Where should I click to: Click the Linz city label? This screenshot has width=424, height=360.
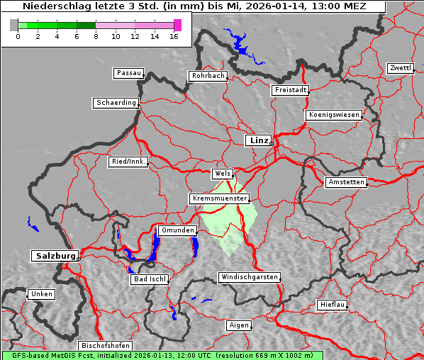click(x=258, y=140)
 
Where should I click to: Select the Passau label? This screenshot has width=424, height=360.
click(x=128, y=73)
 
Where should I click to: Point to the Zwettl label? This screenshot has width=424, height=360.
click(x=400, y=68)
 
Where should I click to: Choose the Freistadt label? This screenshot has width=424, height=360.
click(x=290, y=90)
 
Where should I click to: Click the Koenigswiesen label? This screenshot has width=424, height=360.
click(x=334, y=115)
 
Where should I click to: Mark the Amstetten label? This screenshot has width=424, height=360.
click(x=346, y=182)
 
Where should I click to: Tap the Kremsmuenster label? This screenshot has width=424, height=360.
click(x=220, y=198)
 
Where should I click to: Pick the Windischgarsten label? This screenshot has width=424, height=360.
click(x=248, y=277)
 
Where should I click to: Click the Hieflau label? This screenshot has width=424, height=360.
click(x=333, y=305)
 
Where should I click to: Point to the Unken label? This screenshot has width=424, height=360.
click(x=41, y=293)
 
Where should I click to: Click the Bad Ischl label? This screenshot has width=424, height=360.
click(x=149, y=279)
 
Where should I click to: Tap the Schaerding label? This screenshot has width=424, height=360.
click(x=116, y=103)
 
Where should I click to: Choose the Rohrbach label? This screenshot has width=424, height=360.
click(x=207, y=76)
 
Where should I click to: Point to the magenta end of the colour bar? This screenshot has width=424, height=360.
click(x=177, y=25)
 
